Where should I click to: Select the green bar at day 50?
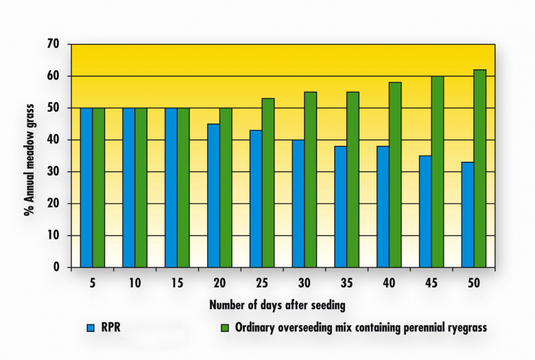[x=479, y=168]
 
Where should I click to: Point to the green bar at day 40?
[x=394, y=174]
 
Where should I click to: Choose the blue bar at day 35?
[x=340, y=206]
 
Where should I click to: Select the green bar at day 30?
[x=310, y=179]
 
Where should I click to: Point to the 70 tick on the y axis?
[x=54, y=45]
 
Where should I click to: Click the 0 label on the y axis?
[x=57, y=267]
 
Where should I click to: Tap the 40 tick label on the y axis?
[x=54, y=140]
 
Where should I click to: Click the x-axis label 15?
[x=177, y=281]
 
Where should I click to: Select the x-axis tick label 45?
[x=431, y=281]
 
